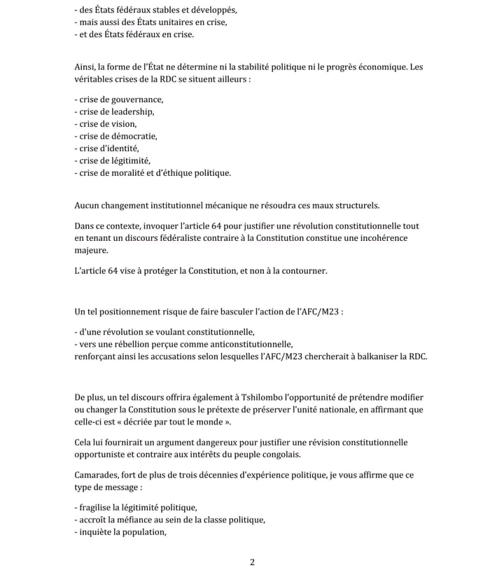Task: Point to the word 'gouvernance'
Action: tap(139, 99)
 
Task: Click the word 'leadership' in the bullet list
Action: tap(132, 111)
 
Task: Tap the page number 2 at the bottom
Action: tap(252, 561)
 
